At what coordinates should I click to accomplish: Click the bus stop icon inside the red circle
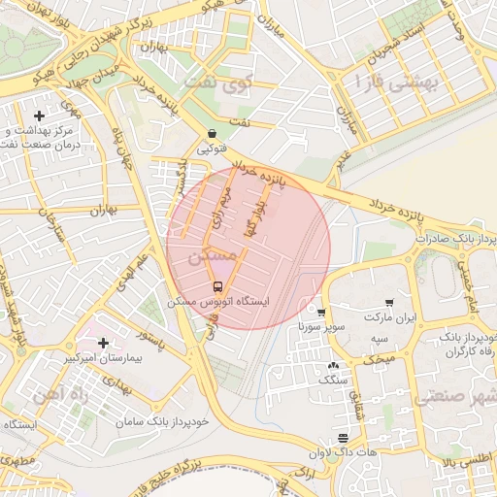click(217, 286)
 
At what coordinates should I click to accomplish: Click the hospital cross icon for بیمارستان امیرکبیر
click(103, 343)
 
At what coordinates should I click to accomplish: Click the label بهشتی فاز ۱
click(398, 84)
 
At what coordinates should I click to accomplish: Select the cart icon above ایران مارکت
click(389, 302)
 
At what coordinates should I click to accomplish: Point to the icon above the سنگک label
click(334, 366)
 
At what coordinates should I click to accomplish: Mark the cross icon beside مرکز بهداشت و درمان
click(40, 116)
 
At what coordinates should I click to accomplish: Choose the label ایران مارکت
click(389, 317)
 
